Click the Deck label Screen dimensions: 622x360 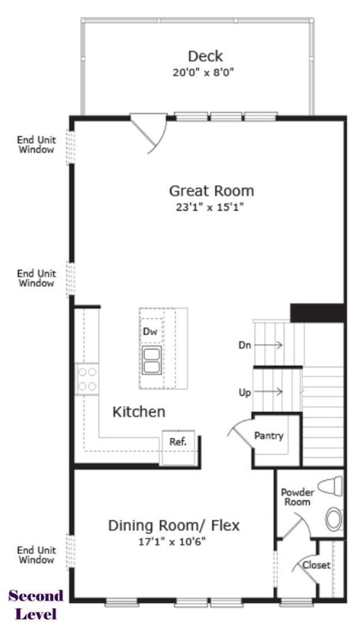pos(205,56)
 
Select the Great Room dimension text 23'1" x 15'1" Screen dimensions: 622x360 pos(211,207)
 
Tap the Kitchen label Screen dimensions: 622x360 pos(138,412)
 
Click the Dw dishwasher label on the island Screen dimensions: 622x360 pos(150,332)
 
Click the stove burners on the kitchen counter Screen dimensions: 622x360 pos(87,379)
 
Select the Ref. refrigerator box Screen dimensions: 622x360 pos(177,442)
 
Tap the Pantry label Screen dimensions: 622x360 pos(269,435)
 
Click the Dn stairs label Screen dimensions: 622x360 pos(244,345)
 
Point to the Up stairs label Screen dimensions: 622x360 pos(245,393)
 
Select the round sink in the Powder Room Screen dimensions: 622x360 pos(334,518)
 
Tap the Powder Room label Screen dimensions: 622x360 pos(297,497)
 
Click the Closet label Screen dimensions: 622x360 pos(317,565)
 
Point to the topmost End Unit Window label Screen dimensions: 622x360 pos(36,145)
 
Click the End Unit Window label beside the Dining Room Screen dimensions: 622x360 pos(36,555)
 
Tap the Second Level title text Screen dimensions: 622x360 pos(36,604)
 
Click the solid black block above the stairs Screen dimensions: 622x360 pos(317,313)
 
